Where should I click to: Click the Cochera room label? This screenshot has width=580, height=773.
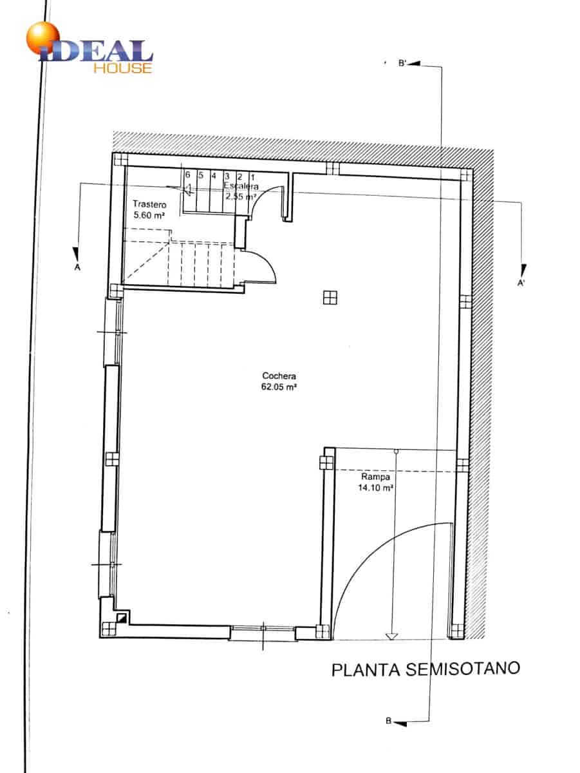(x=279, y=376)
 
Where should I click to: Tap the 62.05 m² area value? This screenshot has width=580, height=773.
(x=279, y=387)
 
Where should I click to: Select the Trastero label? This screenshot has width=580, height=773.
(x=149, y=204)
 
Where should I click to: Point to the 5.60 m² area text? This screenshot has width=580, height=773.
(x=149, y=215)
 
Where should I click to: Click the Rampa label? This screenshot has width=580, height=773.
(x=375, y=477)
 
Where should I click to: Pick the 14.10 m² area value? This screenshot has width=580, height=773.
(x=375, y=488)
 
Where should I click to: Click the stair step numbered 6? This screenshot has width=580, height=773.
(x=187, y=175)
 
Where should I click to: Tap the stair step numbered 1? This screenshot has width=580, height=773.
(x=253, y=178)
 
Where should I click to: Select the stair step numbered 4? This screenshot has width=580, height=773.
(x=214, y=176)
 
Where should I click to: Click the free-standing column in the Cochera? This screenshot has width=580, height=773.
(x=330, y=298)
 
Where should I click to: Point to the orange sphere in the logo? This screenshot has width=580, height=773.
(x=43, y=37)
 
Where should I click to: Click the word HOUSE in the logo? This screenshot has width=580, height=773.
(x=123, y=68)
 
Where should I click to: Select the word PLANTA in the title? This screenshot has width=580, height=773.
(x=366, y=670)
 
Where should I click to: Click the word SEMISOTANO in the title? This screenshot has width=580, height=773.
(x=463, y=669)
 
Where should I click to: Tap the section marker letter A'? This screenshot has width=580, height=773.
(x=521, y=283)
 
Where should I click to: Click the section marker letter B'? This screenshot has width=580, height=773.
(x=402, y=63)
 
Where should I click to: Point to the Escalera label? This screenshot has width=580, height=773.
(x=241, y=186)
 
